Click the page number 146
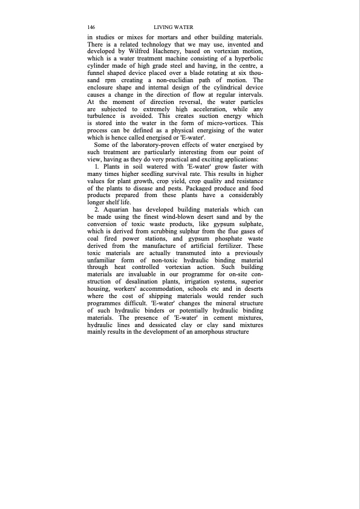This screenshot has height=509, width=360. click(x=91, y=28)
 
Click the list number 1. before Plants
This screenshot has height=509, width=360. click(x=98, y=166)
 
